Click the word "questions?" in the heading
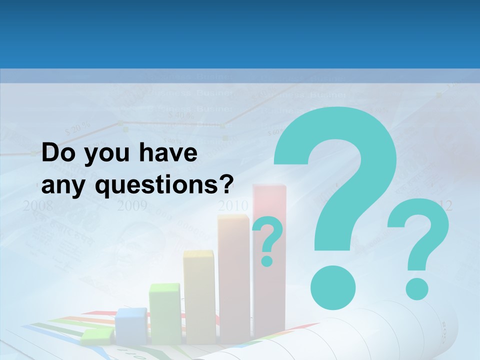point(165,186)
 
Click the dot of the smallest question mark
point(267,260)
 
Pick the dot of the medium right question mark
point(416,288)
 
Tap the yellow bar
point(198,295)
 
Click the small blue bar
point(131,325)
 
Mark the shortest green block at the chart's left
point(97,337)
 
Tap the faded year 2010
point(233,205)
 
